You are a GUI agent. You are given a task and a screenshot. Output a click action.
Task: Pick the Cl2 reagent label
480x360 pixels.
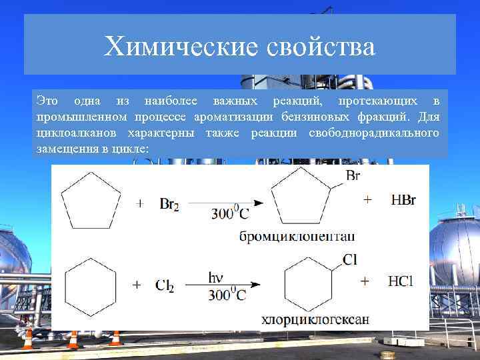164,285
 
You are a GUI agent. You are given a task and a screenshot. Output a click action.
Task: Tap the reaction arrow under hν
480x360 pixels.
223,286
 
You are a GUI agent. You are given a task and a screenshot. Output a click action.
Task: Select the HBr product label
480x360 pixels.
403,200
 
